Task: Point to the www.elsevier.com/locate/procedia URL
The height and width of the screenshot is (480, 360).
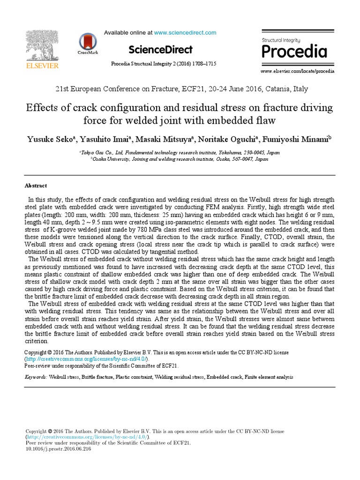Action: coord(297,71)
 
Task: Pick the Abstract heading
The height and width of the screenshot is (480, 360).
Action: coord(36,186)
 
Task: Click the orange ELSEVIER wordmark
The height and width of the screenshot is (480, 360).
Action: coord(41,66)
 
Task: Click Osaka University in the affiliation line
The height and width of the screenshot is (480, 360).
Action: coord(113,159)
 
